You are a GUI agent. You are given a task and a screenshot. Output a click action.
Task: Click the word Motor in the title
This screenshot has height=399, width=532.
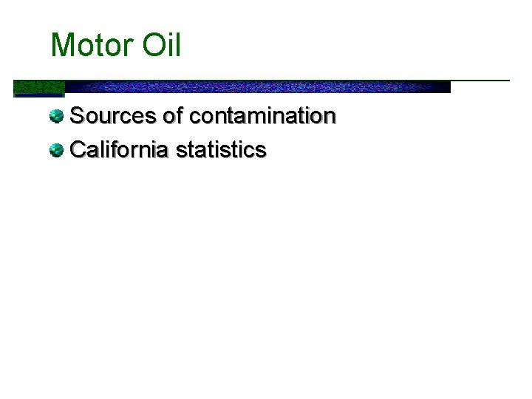[x=89, y=46]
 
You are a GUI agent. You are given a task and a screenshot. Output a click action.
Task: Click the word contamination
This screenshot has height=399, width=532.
[x=262, y=117]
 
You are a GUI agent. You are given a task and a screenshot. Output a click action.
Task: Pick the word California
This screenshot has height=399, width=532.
[x=119, y=150]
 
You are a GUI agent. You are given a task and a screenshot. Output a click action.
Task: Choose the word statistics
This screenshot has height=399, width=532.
[x=221, y=150]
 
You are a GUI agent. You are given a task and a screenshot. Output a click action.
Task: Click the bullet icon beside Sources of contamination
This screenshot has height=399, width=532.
[x=56, y=116]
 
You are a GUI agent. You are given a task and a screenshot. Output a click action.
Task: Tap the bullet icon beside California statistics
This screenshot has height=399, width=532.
[x=56, y=150]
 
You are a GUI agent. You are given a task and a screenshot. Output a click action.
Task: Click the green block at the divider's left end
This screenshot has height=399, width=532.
[x=38, y=88]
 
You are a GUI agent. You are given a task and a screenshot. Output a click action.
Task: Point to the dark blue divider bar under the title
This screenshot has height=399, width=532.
[x=259, y=87]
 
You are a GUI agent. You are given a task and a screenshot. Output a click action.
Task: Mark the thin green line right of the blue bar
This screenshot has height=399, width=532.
[x=480, y=80]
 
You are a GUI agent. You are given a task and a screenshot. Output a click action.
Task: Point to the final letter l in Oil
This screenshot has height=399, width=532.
[x=177, y=46]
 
